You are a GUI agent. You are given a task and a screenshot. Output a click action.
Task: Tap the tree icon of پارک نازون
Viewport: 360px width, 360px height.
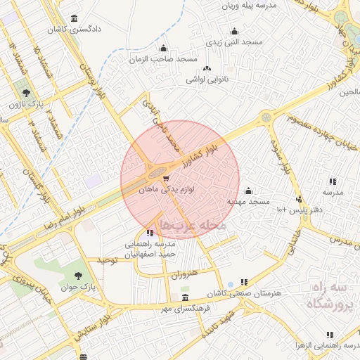26,93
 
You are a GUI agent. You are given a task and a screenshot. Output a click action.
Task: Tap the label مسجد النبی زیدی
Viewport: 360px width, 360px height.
233,42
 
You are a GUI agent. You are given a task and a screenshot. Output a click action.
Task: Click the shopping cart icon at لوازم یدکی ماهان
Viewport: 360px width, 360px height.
166,179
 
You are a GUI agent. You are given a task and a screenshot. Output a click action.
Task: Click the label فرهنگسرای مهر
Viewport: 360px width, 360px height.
184,308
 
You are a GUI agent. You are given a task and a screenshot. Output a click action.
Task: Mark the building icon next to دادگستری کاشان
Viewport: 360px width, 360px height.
75,19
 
